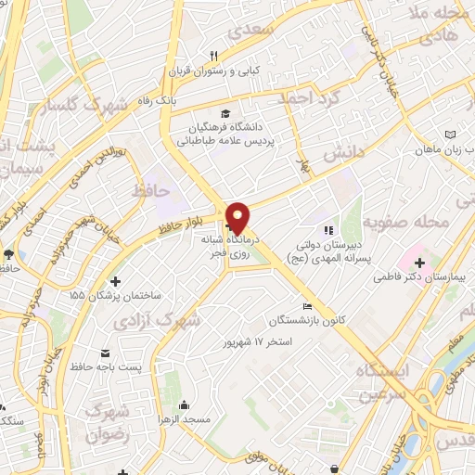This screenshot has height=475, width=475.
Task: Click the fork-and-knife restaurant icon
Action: click(x=214, y=55)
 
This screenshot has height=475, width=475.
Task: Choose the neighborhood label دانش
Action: click(x=340, y=160)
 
